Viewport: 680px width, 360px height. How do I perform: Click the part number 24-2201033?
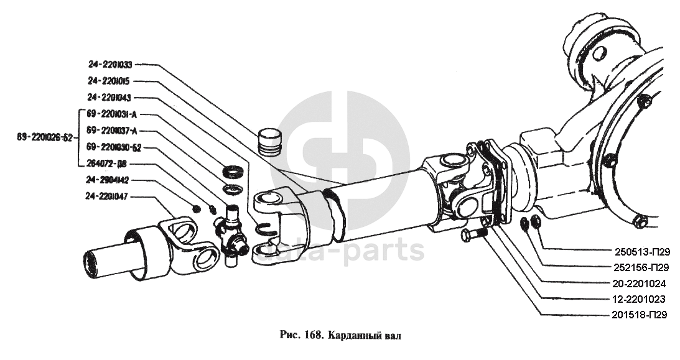(x=110, y=65)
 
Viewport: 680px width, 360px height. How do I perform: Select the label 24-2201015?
(x=108, y=81)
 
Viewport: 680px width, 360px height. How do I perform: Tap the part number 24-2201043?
(x=109, y=98)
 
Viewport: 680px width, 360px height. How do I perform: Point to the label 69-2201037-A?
(x=112, y=131)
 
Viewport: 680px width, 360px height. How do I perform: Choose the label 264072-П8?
(x=106, y=164)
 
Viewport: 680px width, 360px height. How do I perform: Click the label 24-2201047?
(x=106, y=197)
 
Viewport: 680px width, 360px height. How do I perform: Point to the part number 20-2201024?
(x=639, y=284)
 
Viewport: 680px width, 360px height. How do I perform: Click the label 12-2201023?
(x=639, y=299)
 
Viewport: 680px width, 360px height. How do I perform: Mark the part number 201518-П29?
(x=639, y=315)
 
